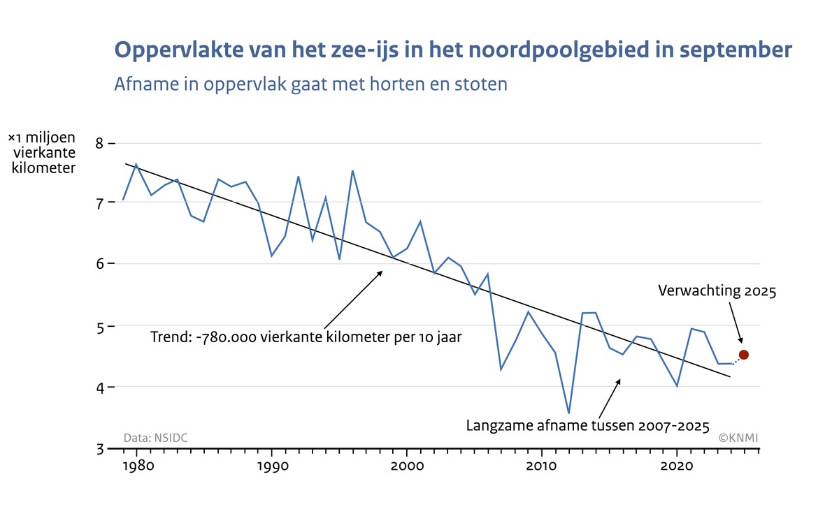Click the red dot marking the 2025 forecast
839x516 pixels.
[744, 355]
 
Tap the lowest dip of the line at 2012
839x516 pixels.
[568, 413]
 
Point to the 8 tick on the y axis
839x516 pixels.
[100, 143]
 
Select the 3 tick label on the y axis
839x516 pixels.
[99, 448]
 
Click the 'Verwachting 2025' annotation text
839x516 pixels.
[717, 292]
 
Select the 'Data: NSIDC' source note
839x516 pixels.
[155, 438]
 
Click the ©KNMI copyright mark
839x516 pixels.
[739, 438]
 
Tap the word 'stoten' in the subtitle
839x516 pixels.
[482, 84]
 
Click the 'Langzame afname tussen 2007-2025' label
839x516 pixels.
[588, 425]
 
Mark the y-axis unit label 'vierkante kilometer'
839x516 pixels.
[44, 160]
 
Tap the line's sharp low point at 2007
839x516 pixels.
[501, 369]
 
